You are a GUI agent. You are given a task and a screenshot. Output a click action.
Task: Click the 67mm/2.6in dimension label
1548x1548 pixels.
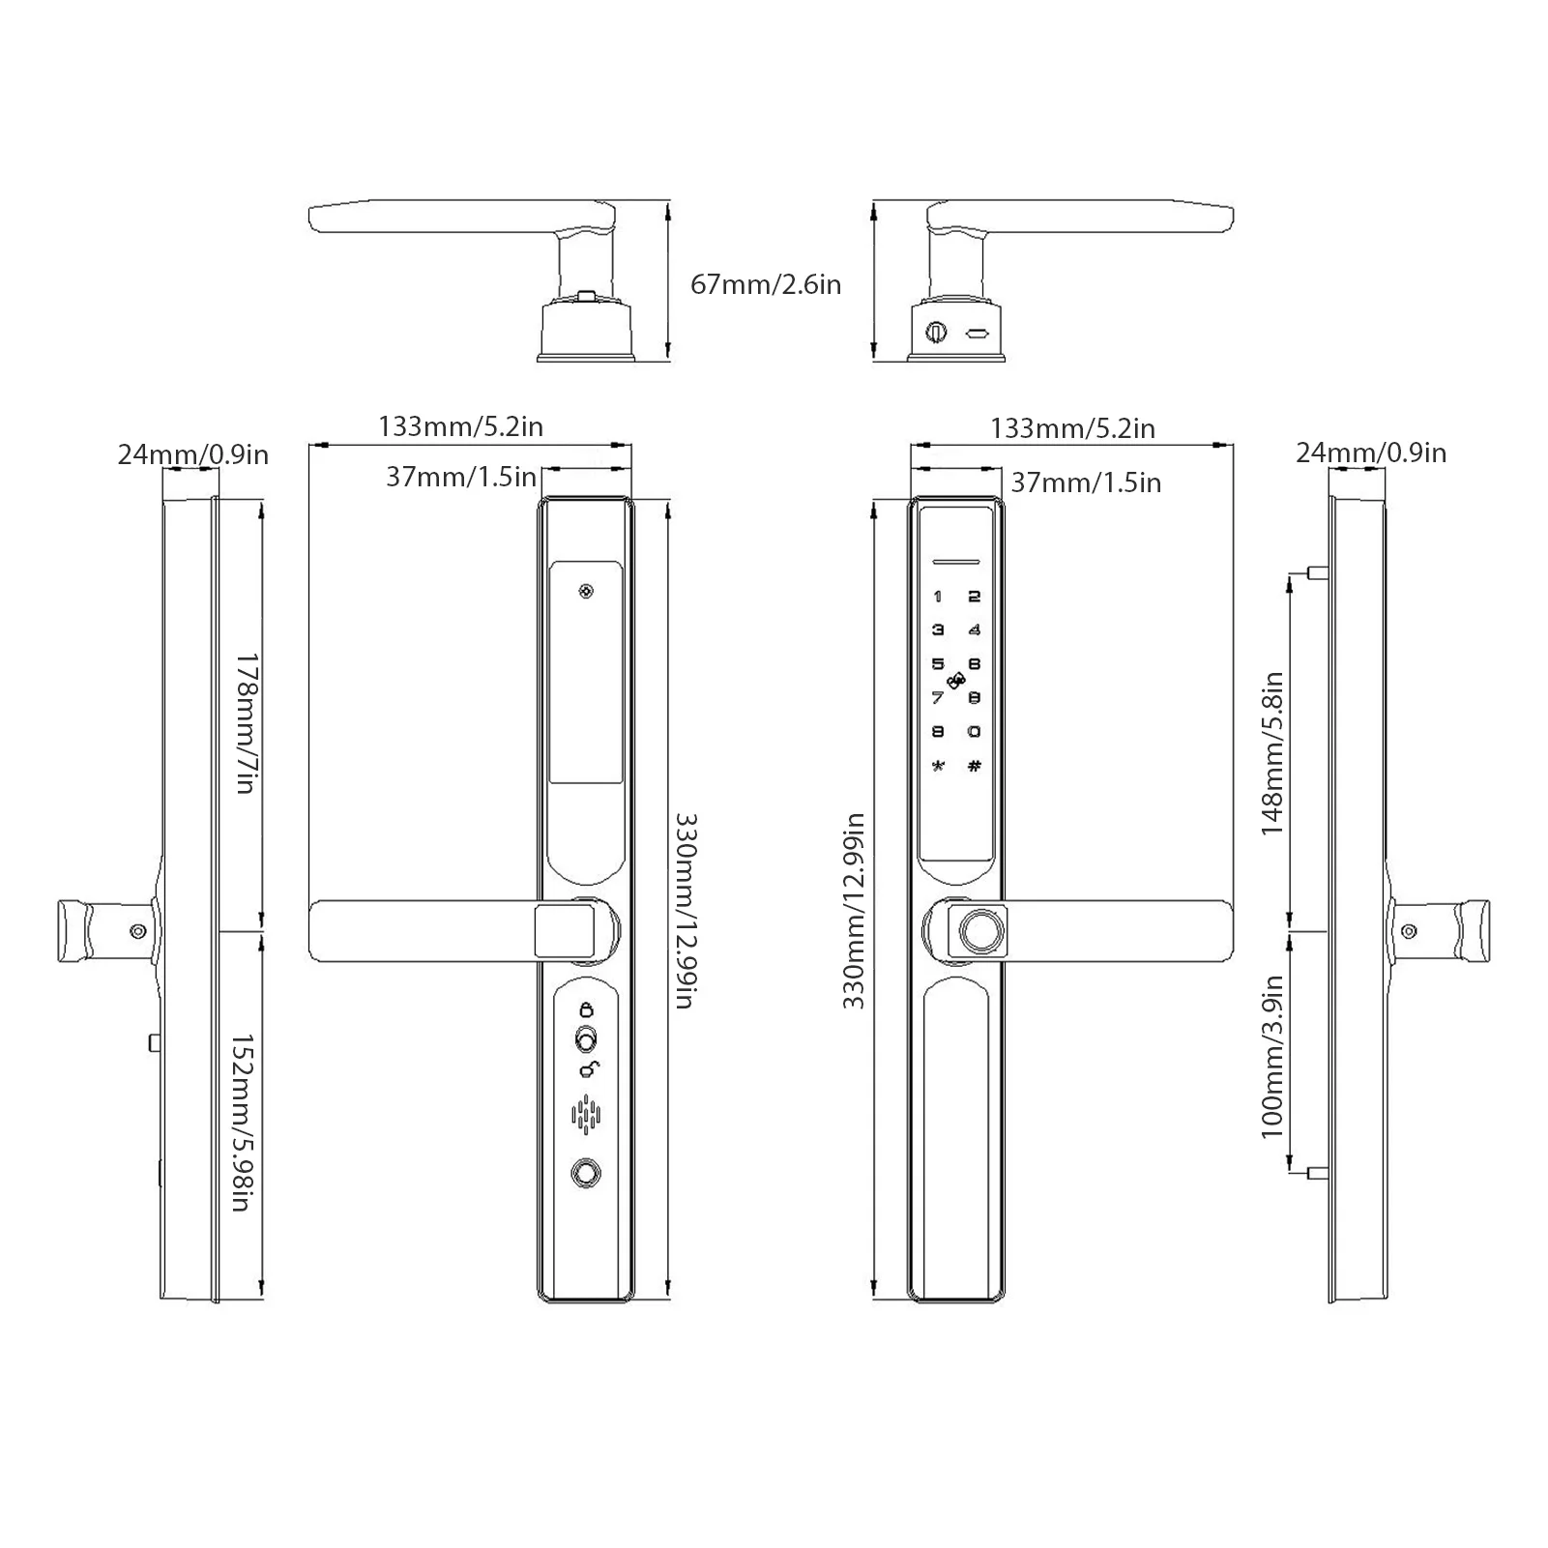tap(765, 284)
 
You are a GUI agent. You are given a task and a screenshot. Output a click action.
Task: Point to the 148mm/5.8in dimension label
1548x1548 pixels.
tap(1271, 753)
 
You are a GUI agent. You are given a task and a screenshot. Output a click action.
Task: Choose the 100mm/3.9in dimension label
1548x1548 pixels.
tap(1271, 1056)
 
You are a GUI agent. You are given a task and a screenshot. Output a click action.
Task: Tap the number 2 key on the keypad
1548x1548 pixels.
tap(975, 597)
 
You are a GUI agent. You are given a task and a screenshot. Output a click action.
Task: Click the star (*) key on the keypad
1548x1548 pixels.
tap(937, 767)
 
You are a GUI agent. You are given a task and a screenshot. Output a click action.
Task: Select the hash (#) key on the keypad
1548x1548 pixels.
tap(975, 767)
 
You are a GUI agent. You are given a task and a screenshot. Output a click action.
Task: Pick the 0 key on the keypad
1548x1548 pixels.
tap(975, 732)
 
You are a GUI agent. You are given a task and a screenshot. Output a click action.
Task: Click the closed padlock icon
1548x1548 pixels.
tap(586, 1009)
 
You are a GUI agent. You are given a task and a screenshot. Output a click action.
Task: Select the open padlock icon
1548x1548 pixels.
tap(588, 1068)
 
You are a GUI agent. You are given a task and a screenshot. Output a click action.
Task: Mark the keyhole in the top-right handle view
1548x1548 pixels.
tap(935, 332)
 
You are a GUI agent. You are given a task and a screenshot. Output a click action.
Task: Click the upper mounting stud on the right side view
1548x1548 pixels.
tap(1315, 572)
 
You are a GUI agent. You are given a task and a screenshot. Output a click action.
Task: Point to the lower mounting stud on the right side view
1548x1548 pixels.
tap(1315, 1173)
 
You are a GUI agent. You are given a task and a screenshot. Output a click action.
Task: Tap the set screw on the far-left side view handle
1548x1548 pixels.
tap(138, 930)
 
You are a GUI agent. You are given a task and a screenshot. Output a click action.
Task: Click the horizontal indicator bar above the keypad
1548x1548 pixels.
tap(955, 560)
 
